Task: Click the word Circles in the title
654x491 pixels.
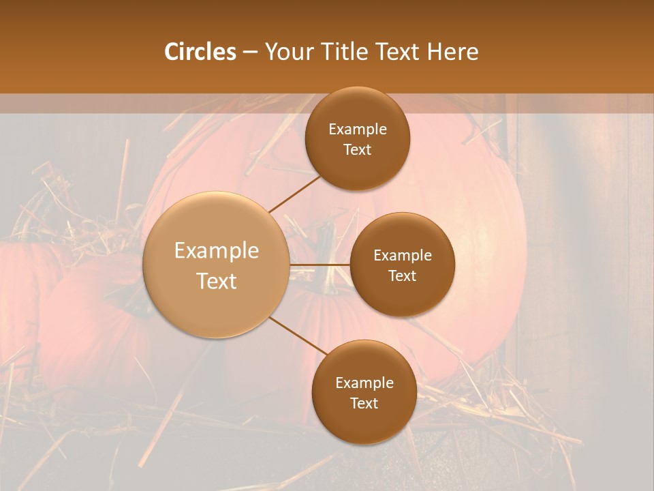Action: click(200, 52)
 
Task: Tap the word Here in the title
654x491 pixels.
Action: click(452, 52)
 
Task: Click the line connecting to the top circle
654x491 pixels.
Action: click(294, 194)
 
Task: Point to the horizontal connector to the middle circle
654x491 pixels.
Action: click(320, 264)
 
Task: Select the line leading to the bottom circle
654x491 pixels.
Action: click(298, 336)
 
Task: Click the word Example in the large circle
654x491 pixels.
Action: click(216, 251)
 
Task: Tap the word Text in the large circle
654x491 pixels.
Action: click(216, 281)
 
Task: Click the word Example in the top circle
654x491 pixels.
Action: click(357, 130)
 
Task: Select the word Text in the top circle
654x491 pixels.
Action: click(357, 149)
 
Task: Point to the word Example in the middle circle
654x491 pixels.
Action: click(402, 256)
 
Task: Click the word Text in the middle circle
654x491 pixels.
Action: click(402, 276)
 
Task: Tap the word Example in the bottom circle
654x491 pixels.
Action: click(364, 383)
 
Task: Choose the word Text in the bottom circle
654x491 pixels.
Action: click(364, 403)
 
